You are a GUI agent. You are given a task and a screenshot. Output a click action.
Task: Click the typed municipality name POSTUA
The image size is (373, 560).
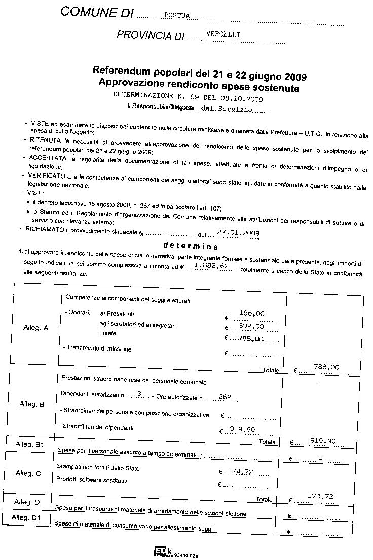(177, 16)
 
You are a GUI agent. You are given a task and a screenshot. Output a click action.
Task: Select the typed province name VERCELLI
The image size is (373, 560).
(222, 34)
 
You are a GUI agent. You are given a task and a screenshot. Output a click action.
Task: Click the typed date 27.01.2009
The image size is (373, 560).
(238, 233)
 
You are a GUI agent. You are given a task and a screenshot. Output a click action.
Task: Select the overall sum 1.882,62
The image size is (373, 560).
(211, 266)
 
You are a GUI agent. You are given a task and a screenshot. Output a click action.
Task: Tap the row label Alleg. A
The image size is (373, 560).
(36, 328)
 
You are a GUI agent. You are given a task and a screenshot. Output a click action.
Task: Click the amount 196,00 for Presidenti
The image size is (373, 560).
(252, 314)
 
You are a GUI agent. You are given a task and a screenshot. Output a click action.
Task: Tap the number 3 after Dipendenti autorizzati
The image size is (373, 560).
(139, 394)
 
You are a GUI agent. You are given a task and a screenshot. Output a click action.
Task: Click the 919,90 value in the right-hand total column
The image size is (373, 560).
(323, 441)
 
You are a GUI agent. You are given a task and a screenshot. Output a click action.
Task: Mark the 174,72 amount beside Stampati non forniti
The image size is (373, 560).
(240, 472)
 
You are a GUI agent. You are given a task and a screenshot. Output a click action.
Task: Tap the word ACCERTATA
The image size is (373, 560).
(49, 158)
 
